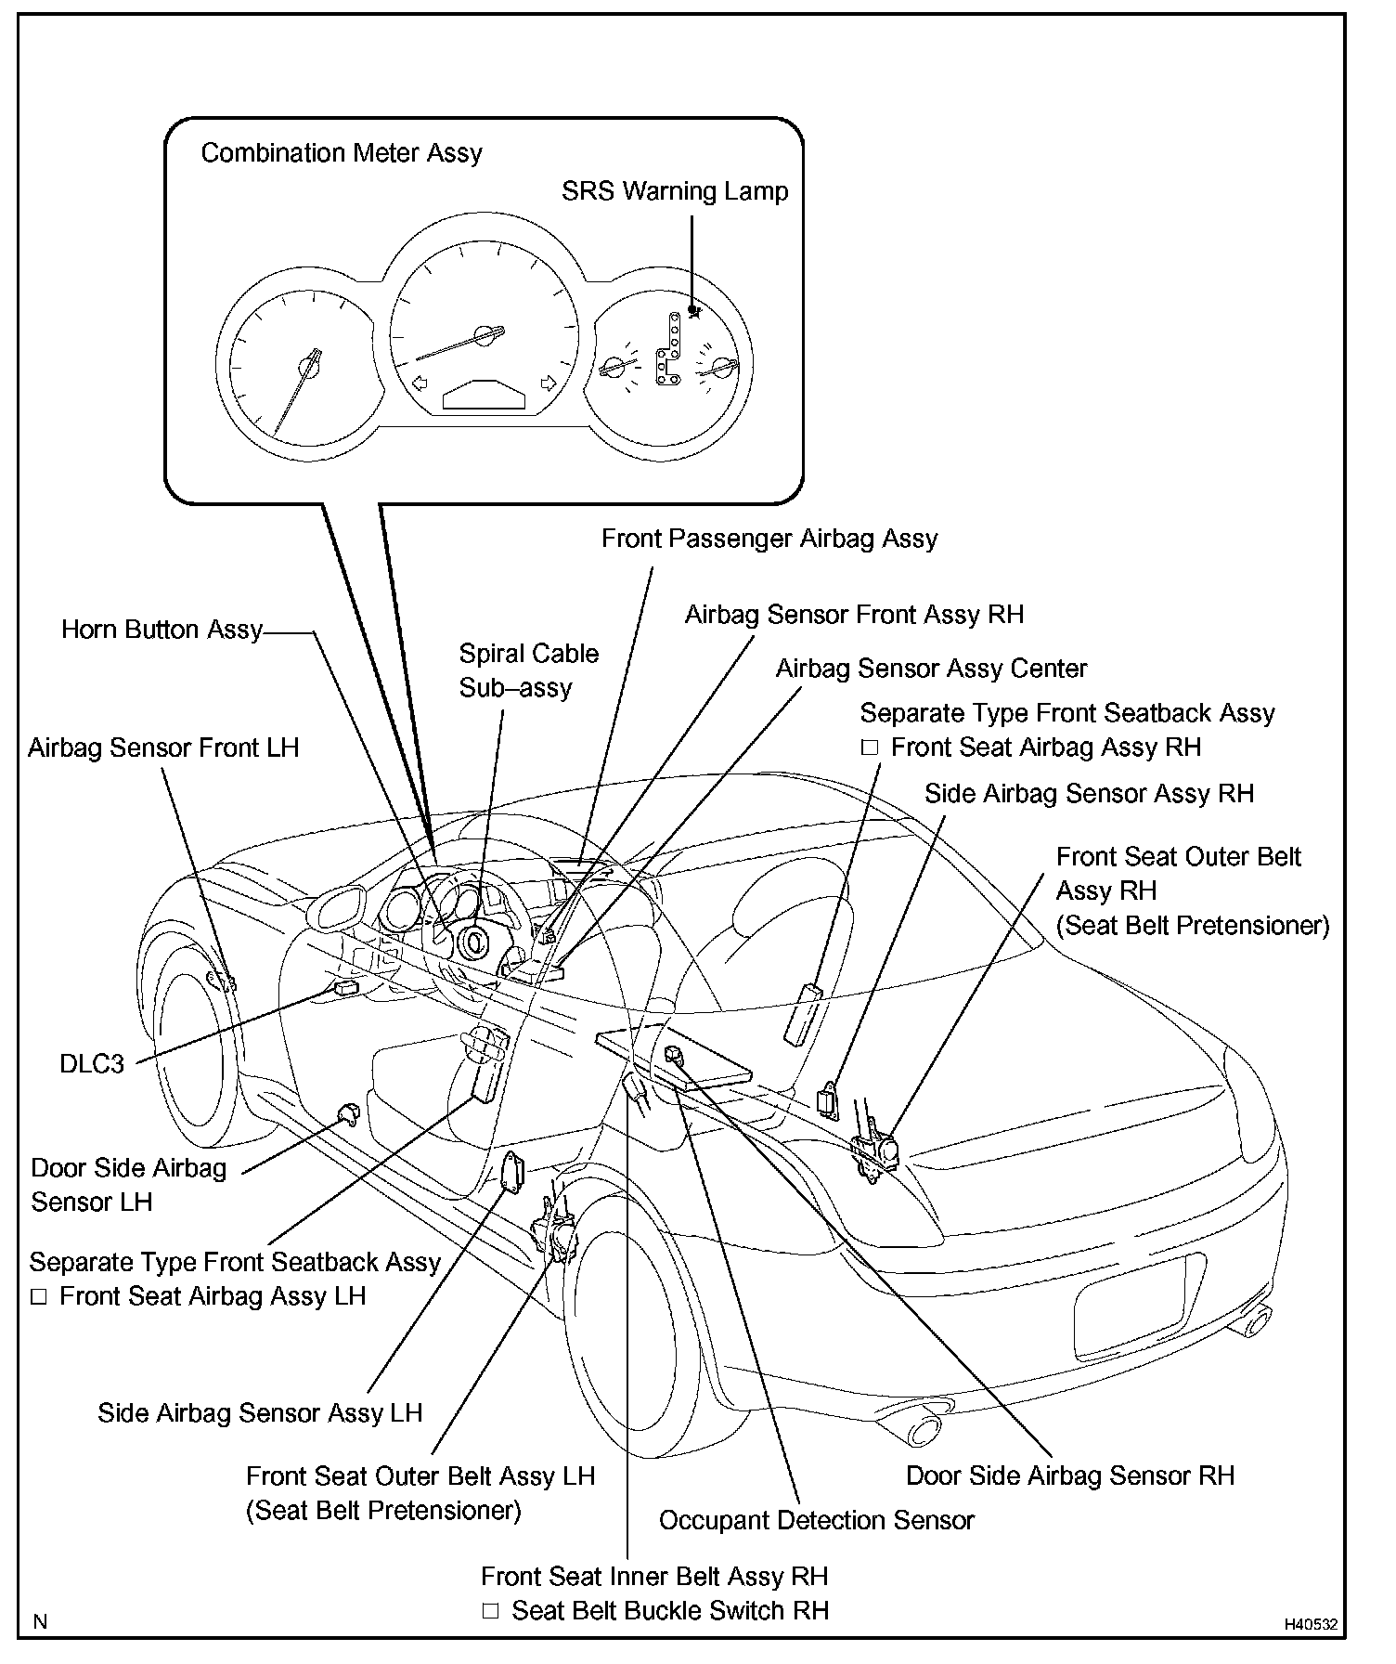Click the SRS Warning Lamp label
click(675, 191)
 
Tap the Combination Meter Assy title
click(342, 153)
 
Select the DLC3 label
click(92, 1063)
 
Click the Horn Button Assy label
click(162, 630)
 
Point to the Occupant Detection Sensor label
click(816, 1520)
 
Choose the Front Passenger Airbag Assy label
click(769, 539)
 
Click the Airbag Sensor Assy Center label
click(931, 669)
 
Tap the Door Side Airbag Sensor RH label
click(1070, 1475)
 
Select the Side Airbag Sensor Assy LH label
click(260, 1413)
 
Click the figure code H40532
click(1311, 1624)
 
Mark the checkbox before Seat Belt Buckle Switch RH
click(491, 1611)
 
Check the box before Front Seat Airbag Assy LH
click(39, 1297)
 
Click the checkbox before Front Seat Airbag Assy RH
click(870, 747)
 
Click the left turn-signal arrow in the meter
click(419, 383)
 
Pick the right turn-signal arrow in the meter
click(549, 383)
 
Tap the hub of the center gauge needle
click(484, 335)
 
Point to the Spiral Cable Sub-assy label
click(528, 670)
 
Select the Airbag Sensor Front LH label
click(163, 748)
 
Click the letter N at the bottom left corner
click(40, 1622)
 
